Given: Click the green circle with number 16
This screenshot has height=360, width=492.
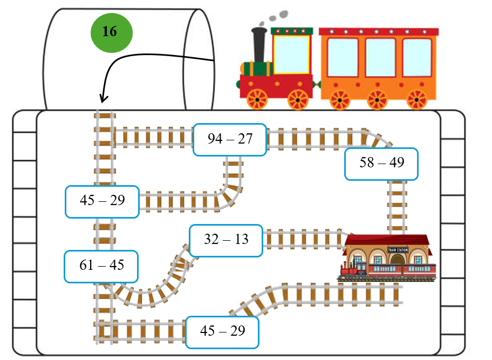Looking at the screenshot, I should point(111,32).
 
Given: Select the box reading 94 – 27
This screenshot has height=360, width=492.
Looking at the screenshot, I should point(230,139).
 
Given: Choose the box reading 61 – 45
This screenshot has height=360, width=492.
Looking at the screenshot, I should point(101,266).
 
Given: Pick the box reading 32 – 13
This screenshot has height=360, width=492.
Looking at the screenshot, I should point(227,239).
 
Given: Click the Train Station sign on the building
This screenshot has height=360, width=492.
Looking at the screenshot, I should point(398,250).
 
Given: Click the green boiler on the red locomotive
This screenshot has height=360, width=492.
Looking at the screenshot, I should point(257,69).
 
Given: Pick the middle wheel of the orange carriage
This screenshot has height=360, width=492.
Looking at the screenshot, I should point(377,99).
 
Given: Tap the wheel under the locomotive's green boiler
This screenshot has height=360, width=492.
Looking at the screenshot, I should point(257,99).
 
